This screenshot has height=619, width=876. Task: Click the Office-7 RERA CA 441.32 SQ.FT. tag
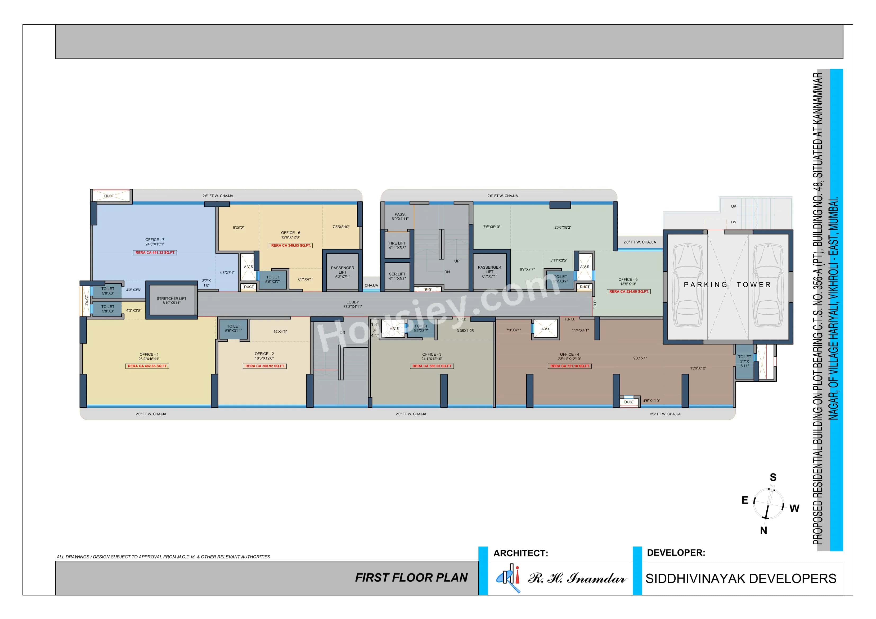pyautogui.click(x=155, y=252)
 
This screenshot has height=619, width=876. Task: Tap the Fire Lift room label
pyautogui.click(x=397, y=245)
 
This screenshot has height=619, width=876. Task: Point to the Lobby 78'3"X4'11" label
pyautogui.click(x=353, y=304)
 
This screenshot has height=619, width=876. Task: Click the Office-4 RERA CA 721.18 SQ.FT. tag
pyautogui.click(x=570, y=366)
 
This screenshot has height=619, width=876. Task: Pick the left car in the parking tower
pyautogui.click(x=687, y=285)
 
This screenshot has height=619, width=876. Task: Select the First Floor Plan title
pyautogui.click(x=411, y=578)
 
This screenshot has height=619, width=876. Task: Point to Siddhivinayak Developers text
pyautogui.click(x=740, y=579)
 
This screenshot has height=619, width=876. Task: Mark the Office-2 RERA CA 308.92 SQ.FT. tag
pyautogui.click(x=265, y=366)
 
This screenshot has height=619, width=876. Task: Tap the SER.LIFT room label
pyautogui.click(x=397, y=276)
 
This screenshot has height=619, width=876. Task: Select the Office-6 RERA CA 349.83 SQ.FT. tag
pyautogui.click(x=291, y=246)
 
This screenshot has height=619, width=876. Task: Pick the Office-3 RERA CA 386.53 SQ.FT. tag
pyautogui.click(x=432, y=366)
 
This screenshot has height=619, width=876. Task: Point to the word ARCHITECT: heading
pyautogui.click(x=520, y=553)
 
